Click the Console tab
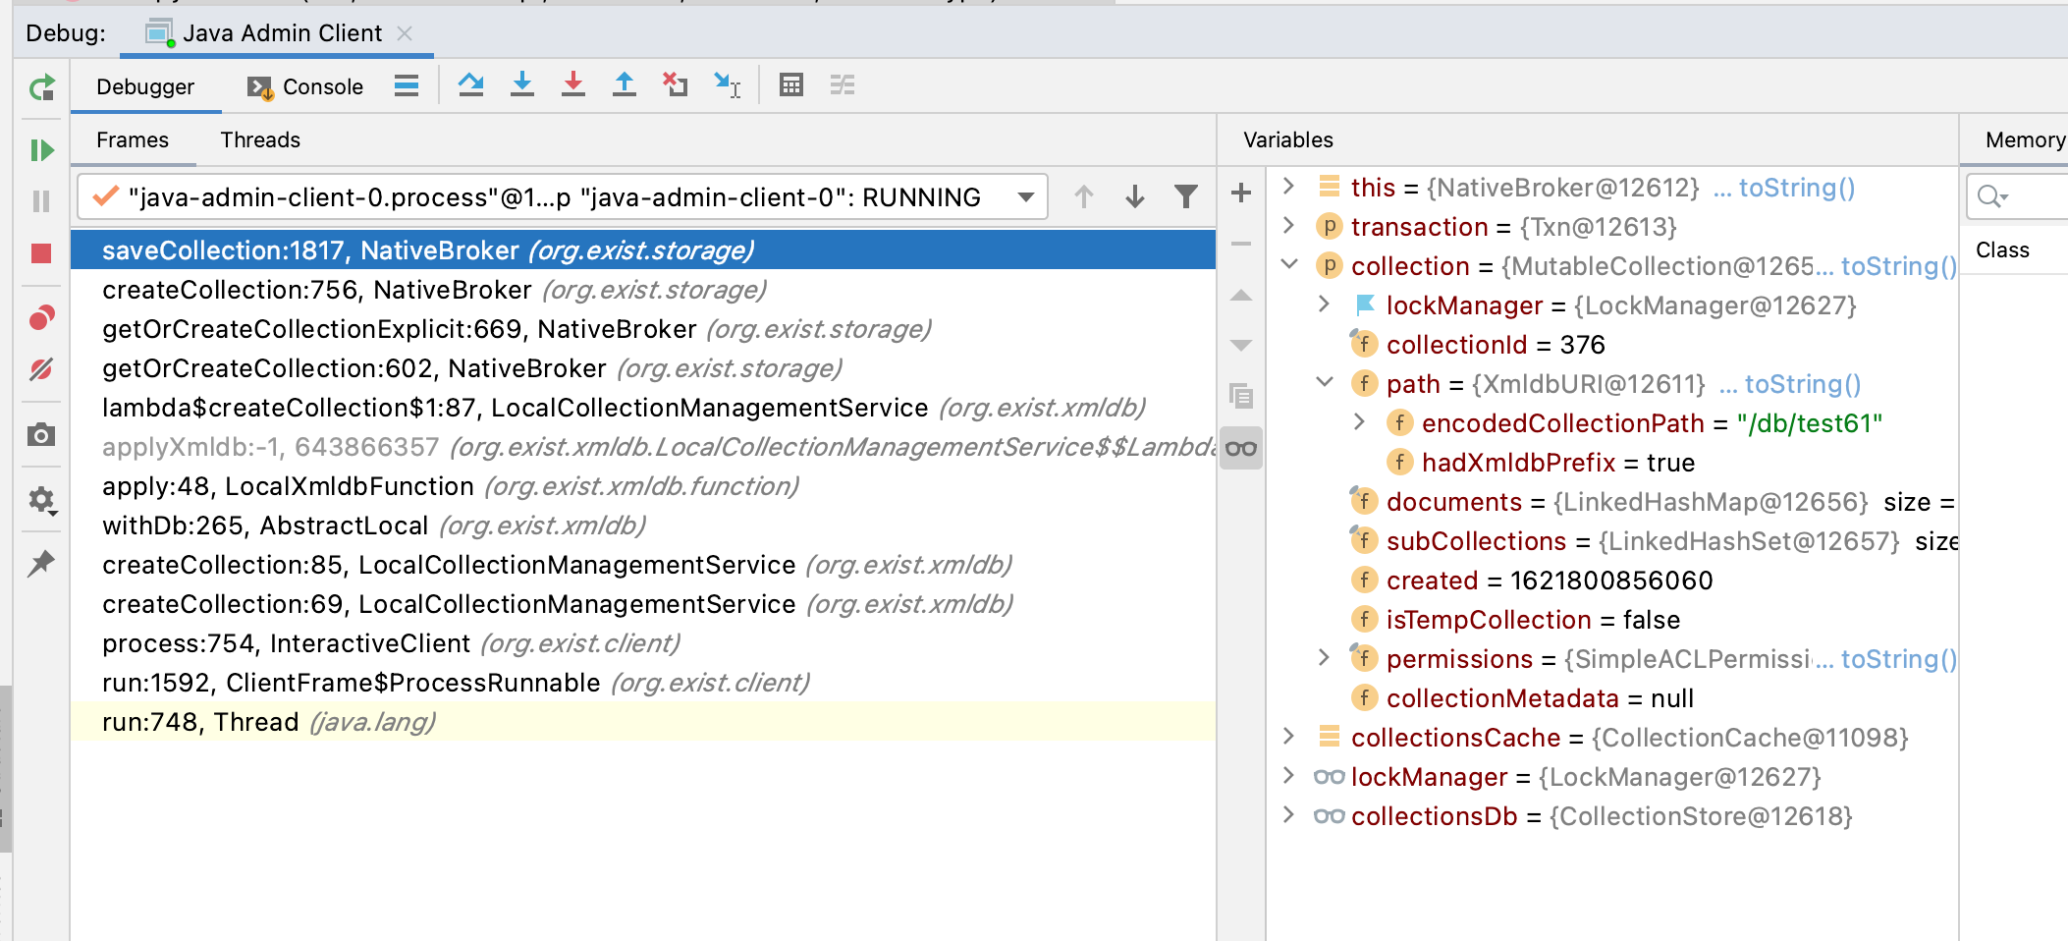305,86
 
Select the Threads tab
260,139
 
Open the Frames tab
133,139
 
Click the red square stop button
41,253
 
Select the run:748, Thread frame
269,722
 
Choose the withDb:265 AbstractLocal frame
374,526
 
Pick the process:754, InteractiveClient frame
391,643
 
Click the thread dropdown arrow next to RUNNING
1026,197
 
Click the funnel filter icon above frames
1186,197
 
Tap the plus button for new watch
1241,193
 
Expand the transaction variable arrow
1289,226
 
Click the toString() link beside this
1796,188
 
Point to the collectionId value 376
1582,345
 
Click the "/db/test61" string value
1810,423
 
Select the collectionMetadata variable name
1502,698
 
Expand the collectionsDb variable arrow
1289,815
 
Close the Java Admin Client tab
405,33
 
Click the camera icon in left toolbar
41,434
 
